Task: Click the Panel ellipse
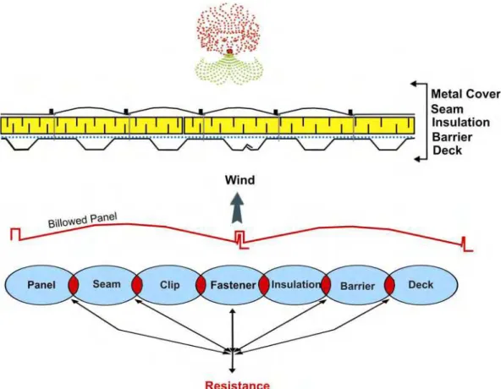41,285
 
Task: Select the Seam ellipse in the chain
106,285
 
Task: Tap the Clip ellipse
169,285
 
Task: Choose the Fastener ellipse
233,285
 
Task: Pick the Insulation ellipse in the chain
295,285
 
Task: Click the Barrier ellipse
358,285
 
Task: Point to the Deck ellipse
421,285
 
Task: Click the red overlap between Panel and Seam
73,285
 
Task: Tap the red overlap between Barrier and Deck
389,285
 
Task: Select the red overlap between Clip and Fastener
201,285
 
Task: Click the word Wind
239,180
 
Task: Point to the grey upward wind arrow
237,208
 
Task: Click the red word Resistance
238,385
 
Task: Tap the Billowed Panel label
82,221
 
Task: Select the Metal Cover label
465,94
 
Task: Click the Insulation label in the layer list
460,123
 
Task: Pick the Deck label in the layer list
447,151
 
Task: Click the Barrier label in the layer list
452,137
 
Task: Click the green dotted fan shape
228,69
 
